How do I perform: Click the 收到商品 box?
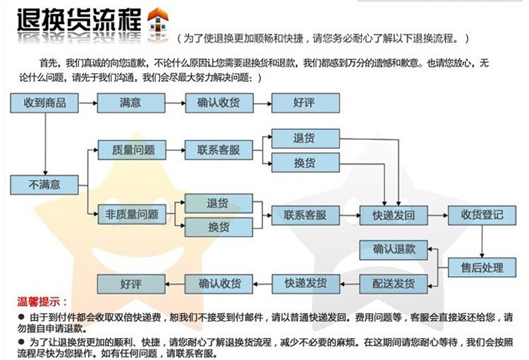(x=45, y=103)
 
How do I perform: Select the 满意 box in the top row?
(x=130, y=103)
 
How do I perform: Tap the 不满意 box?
(x=45, y=185)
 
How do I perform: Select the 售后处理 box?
(x=482, y=268)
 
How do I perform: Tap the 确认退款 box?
(x=394, y=250)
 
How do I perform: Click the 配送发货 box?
(x=394, y=284)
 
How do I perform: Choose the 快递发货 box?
(x=304, y=284)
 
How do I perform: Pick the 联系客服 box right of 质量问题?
(x=219, y=150)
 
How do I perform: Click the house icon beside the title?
(x=156, y=25)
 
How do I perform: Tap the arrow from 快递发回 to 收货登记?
(x=437, y=215)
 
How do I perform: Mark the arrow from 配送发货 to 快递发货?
(x=348, y=284)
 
